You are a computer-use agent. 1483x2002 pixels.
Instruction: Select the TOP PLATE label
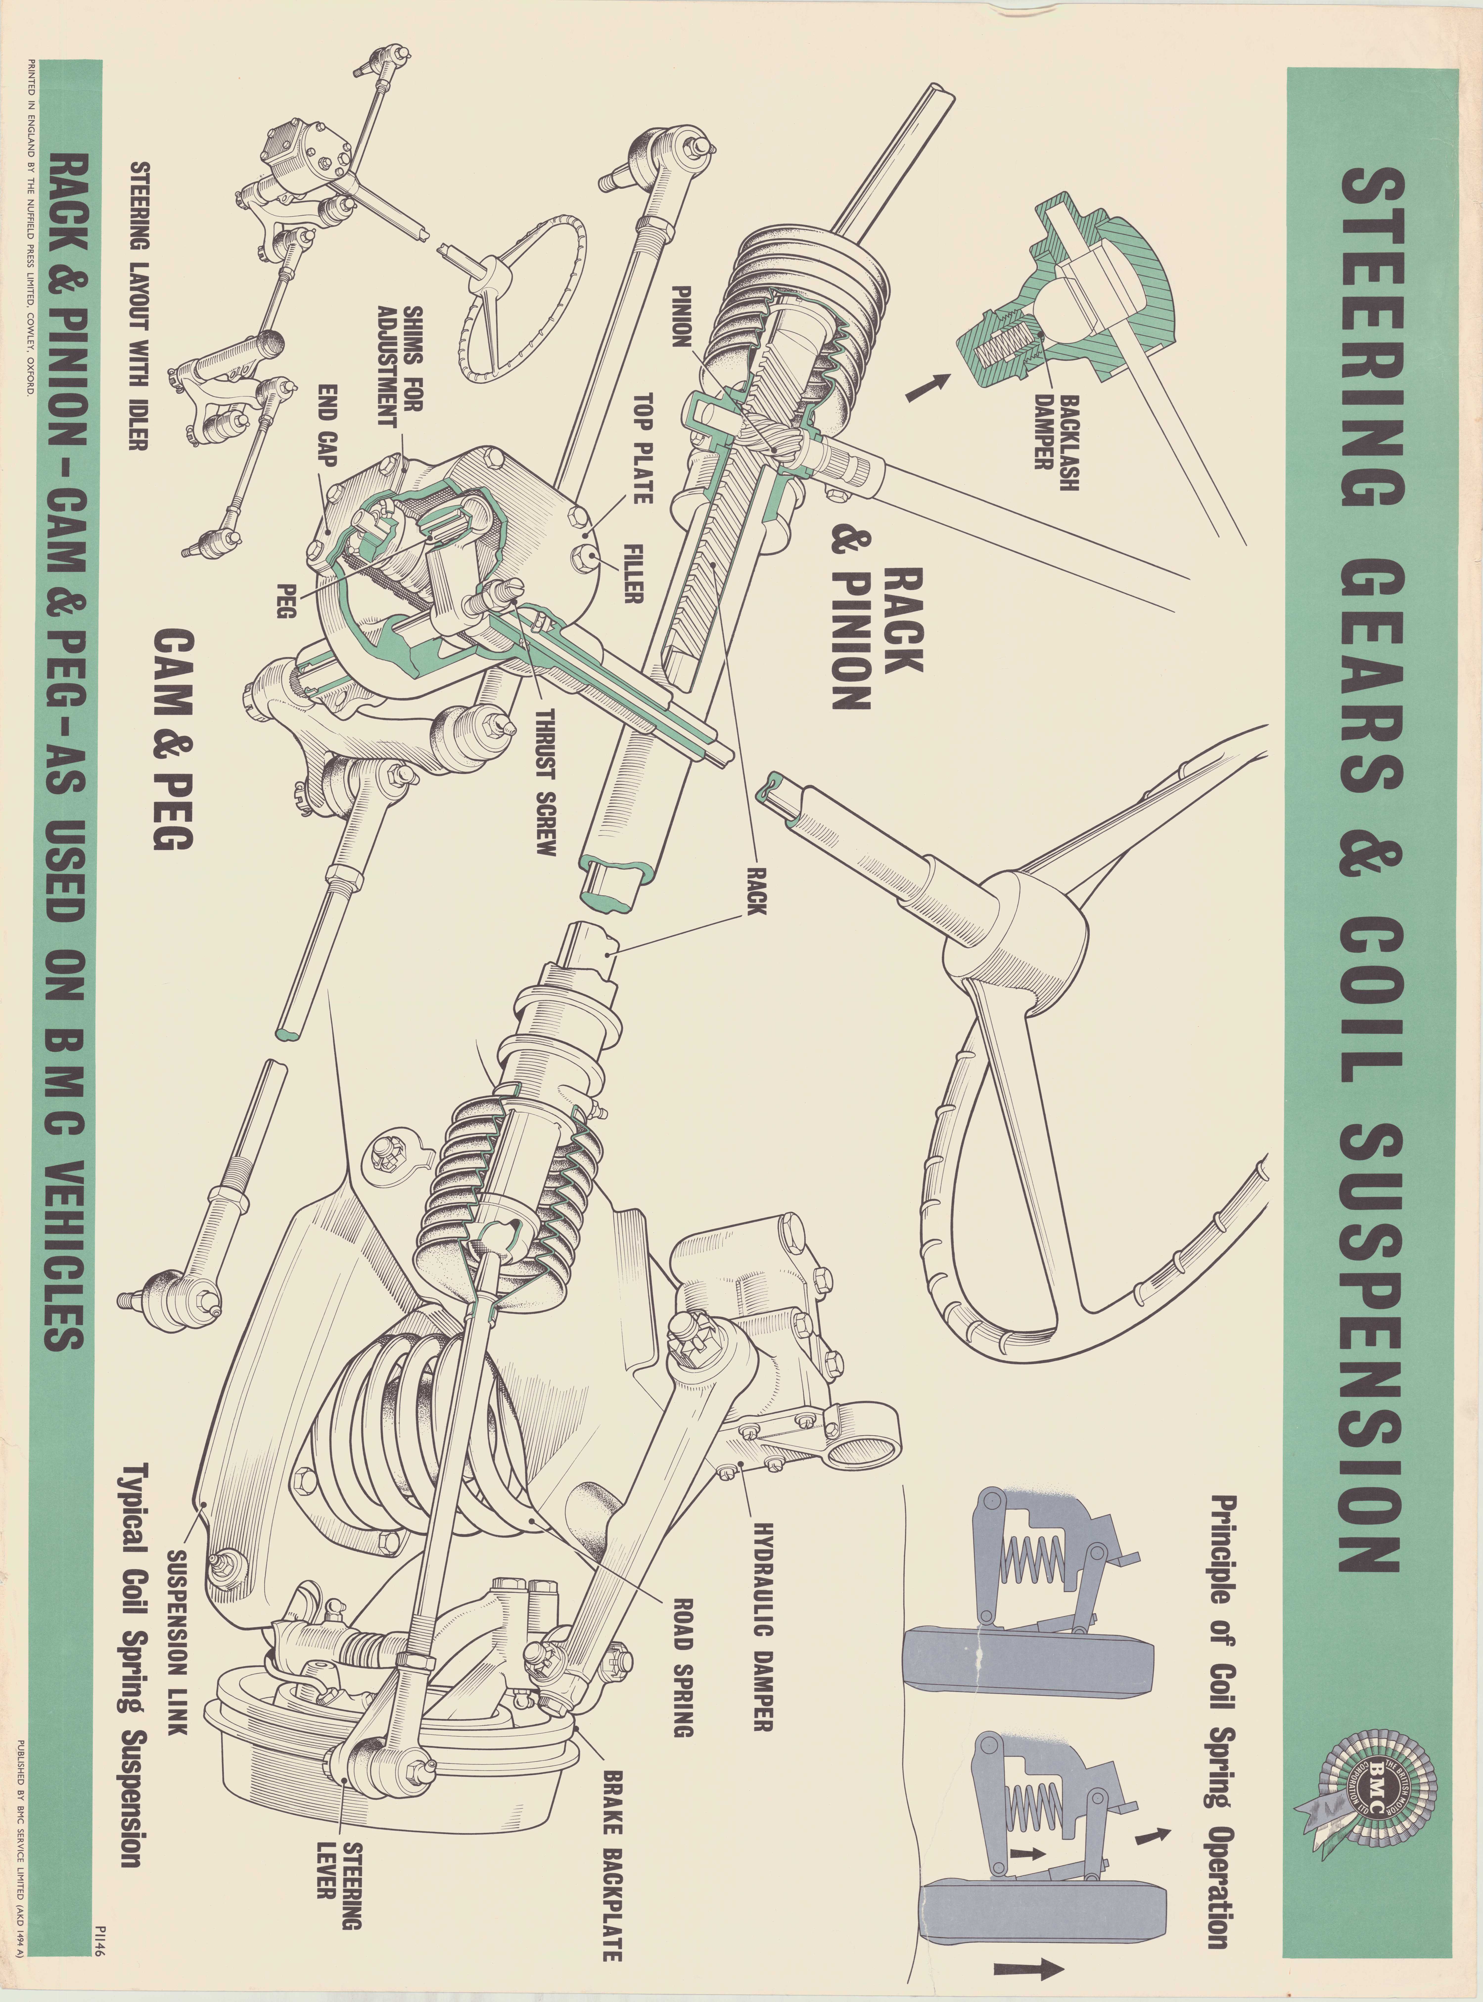tap(643, 447)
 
